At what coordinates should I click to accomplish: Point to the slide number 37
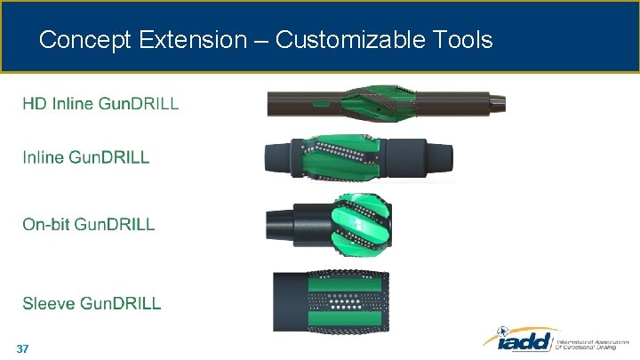(23, 349)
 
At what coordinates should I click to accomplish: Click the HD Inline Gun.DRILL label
(100, 104)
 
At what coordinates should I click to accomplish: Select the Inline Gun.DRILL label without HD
(86, 158)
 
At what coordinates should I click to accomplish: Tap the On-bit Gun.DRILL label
(89, 225)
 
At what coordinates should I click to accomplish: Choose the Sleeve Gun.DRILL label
(92, 303)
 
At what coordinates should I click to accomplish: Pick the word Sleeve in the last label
(49, 303)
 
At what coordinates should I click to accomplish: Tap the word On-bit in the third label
(46, 225)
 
